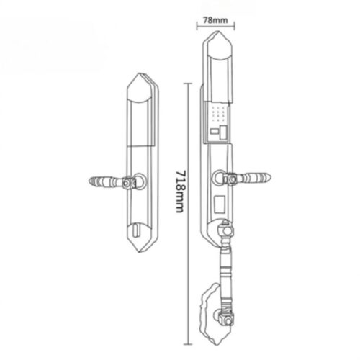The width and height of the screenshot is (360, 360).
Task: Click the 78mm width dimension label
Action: tap(215, 20)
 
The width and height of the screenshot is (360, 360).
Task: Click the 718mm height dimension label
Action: tap(180, 192)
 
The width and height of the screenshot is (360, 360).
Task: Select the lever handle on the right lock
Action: tap(247, 178)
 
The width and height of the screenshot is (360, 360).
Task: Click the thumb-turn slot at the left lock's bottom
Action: tap(136, 230)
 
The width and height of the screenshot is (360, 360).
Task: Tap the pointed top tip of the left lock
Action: tap(138, 73)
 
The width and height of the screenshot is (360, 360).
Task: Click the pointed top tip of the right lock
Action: tap(217, 31)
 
